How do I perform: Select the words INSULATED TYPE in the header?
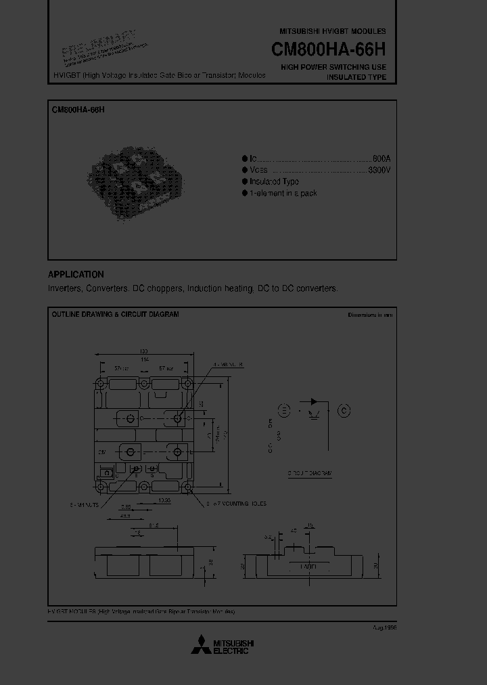356,77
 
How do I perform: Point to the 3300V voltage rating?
379,170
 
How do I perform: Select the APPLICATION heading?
76,274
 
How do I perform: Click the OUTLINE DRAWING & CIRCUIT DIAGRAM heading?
115,315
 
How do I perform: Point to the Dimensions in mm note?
370,315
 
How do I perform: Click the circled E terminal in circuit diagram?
284,410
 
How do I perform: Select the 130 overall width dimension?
143,351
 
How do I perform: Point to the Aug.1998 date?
384,627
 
